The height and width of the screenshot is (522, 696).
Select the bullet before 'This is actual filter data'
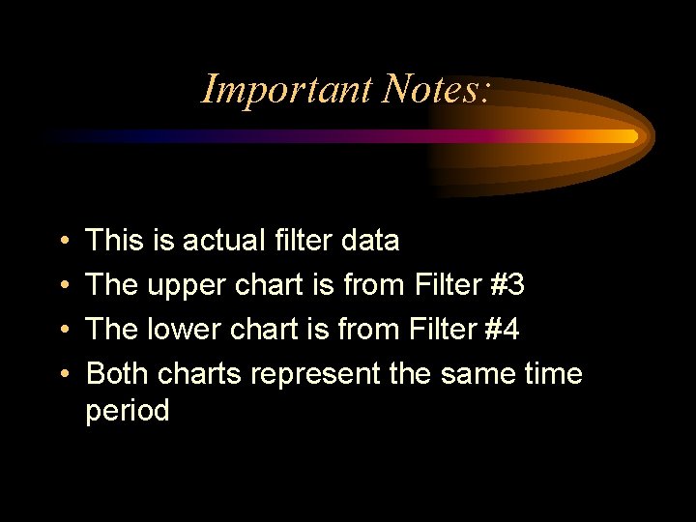[62, 241]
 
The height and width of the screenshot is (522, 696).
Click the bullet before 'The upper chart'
[62, 285]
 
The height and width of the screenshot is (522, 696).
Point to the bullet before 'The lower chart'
[62, 330]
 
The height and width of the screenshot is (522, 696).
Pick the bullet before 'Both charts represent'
[62, 374]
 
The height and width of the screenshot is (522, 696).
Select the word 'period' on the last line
[128, 412]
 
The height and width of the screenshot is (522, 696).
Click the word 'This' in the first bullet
[115, 240]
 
